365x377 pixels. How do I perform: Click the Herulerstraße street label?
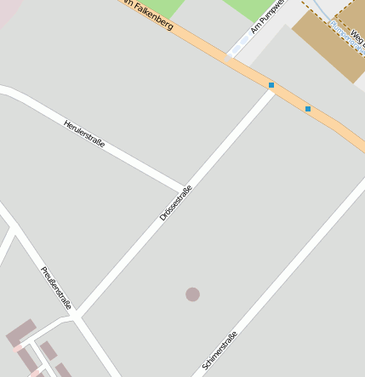click(x=84, y=134)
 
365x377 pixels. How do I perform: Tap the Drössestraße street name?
click(x=175, y=203)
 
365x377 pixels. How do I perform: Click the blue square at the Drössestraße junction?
click(x=271, y=85)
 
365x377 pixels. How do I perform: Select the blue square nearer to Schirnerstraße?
click(x=308, y=109)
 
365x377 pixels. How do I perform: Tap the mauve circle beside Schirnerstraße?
click(x=193, y=294)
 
